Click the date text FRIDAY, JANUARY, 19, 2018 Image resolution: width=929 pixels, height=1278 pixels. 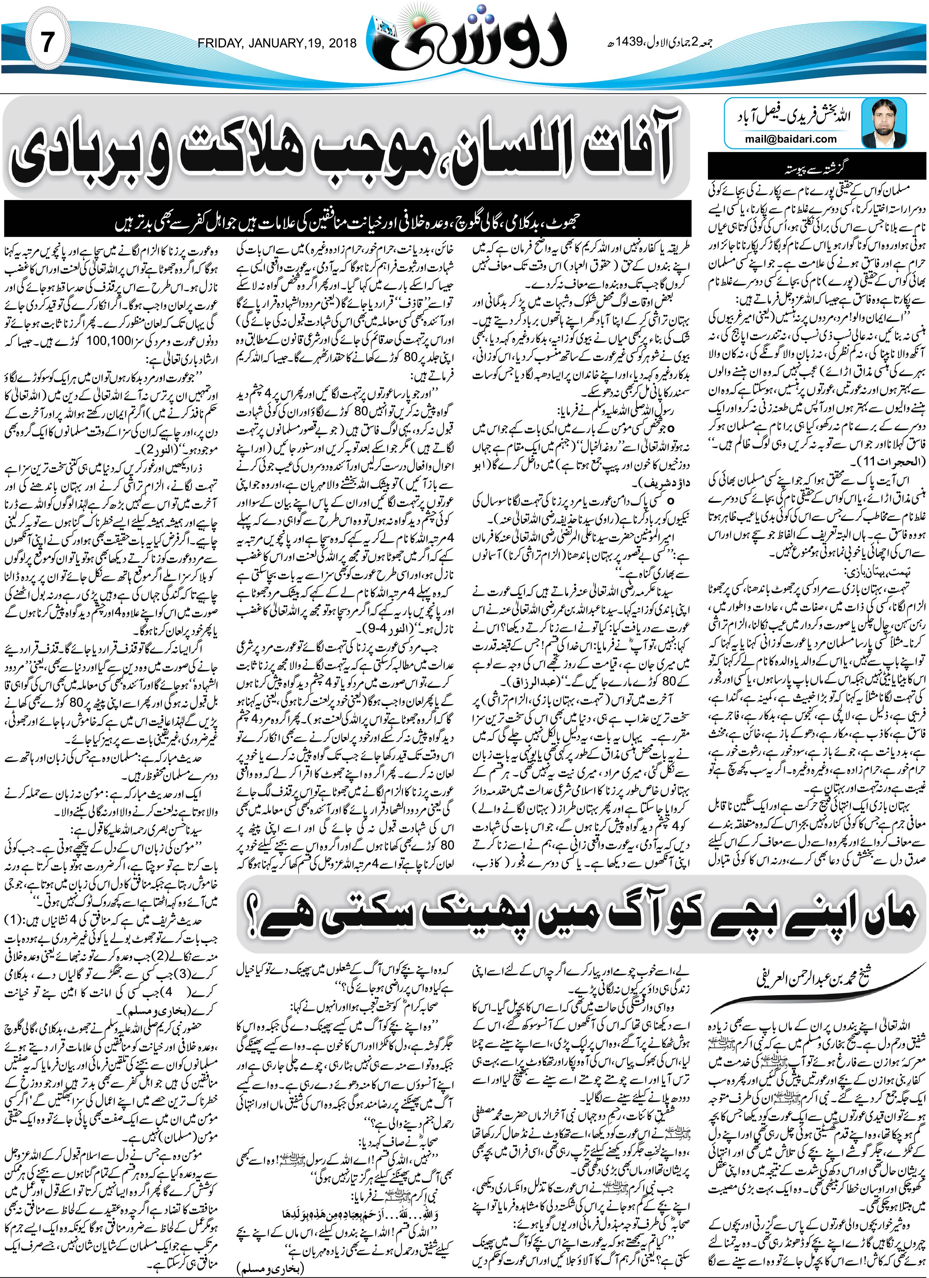(x=277, y=43)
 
